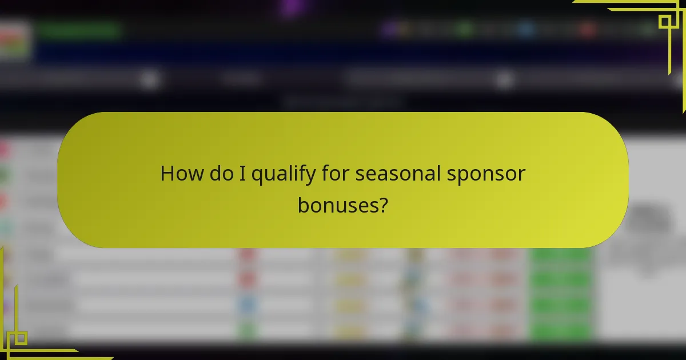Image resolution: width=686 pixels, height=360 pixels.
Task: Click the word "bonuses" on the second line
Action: [x=336, y=205]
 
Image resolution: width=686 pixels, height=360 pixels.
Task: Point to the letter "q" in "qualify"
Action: [x=258, y=176]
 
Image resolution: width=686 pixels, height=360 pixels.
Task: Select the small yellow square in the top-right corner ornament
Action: [x=665, y=22]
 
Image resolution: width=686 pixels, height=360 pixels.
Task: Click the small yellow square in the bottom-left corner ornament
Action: [x=21, y=338]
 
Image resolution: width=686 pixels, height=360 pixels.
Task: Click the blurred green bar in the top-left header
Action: [x=80, y=30]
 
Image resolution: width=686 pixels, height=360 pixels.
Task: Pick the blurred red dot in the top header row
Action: [x=587, y=29]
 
